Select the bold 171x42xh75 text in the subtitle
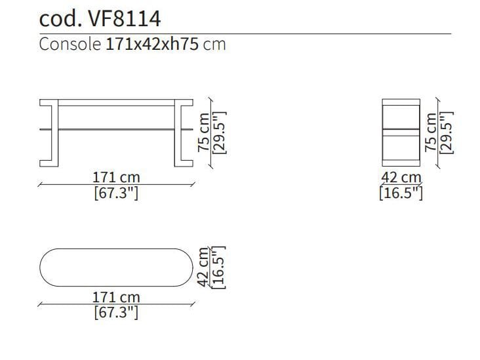coord(151,45)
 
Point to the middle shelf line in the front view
coord(117,129)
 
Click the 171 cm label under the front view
coord(116,178)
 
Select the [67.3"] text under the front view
coord(116,193)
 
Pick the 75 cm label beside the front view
coord(205,131)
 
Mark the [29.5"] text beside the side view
coord(447,132)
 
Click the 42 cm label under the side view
coord(401,178)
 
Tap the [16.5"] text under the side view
coord(401,193)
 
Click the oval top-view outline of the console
coord(115,268)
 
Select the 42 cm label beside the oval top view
coord(204,267)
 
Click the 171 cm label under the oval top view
coord(116,297)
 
